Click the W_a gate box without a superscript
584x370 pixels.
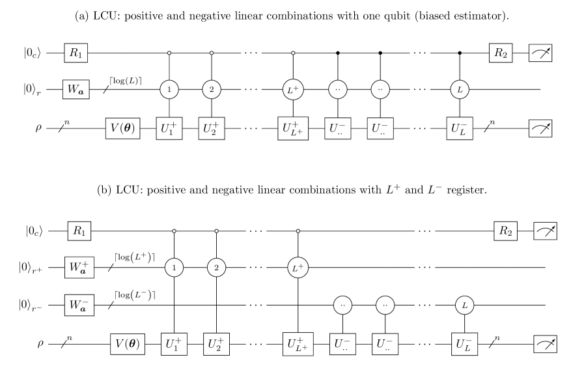[76, 90]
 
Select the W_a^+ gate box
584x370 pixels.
[79, 267]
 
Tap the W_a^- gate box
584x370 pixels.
[79, 305]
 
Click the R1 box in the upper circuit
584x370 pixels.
[76, 53]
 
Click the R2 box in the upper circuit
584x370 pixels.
[501, 53]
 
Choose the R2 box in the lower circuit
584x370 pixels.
[506, 231]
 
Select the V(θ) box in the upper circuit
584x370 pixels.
[122, 128]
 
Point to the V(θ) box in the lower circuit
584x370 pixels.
[127, 343]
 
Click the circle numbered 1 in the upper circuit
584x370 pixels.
[169, 90]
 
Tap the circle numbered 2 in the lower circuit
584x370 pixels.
[216, 267]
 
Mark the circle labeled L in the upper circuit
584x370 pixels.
[460, 90]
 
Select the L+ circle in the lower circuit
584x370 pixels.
[298, 267]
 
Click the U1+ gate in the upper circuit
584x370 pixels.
[169, 128]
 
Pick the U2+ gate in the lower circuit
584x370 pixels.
[217, 343]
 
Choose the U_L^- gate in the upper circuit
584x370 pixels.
[460, 128]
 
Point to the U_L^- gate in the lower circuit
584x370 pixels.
[464, 343]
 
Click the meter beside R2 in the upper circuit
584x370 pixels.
[540, 53]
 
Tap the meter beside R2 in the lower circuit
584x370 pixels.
[546, 231]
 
